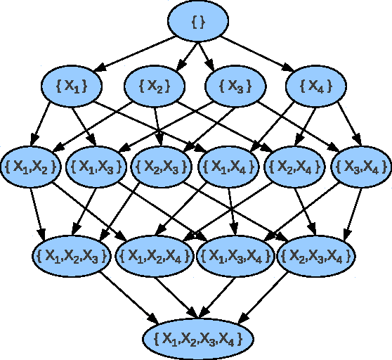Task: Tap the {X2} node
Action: (x=155, y=86)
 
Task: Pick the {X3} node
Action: (x=235, y=86)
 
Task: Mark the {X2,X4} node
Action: (x=295, y=167)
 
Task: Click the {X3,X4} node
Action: (x=360, y=167)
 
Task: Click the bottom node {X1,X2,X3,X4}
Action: (x=197, y=338)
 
